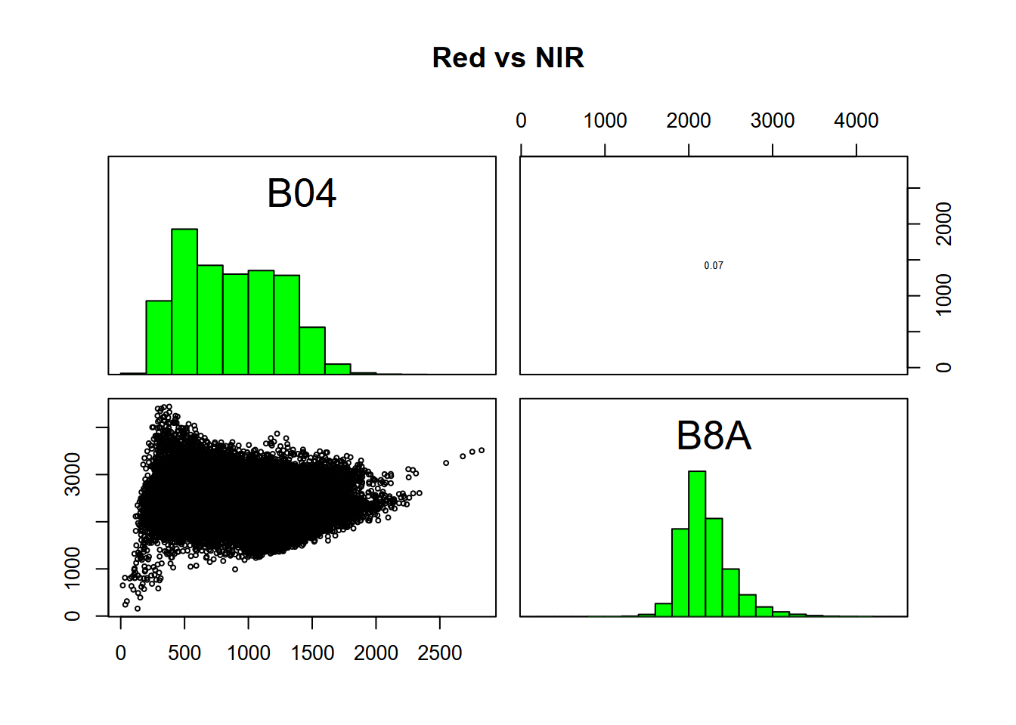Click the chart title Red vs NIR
click(508, 58)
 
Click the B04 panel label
click(302, 193)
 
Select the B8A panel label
click(714, 436)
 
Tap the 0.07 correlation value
click(714, 266)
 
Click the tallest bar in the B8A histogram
click(697, 544)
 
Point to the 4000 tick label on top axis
click(856, 121)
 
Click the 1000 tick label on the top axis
click(605, 121)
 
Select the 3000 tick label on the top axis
click(772, 121)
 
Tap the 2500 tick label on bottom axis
click(439, 653)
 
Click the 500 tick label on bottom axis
click(184, 653)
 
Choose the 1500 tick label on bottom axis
click(312, 653)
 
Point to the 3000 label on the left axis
click(73, 474)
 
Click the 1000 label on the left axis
click(73, 568)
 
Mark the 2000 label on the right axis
click(944, 224)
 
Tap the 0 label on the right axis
click(944, 368)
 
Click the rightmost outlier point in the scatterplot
click(482, 451)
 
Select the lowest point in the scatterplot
click(138, 608)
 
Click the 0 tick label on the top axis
click(521, 121)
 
